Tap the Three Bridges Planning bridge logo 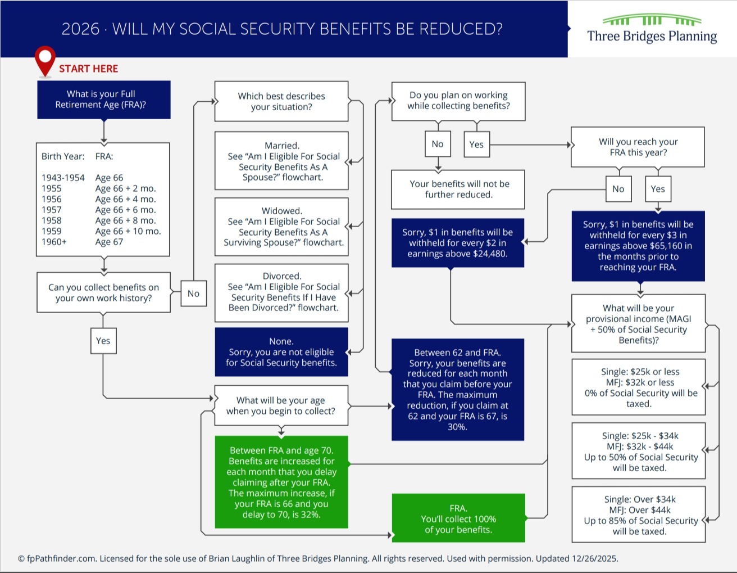tap(652, 21)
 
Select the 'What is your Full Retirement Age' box tap(103, 100)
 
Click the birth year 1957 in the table tap(52, 210)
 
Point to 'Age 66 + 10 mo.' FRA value tap(128, 231)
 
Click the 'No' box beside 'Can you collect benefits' tap(193, 294)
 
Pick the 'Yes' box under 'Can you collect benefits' tap(103, 341)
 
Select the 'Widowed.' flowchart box tap(281, 227)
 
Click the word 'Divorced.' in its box tap(282, 276)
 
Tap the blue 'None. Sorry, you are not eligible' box tap(281, 352)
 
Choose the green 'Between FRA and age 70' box tap(281, 482)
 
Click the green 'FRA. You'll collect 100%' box tap(458, 518)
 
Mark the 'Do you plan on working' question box tap(458, 101)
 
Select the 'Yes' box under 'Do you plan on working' tap(476, 145)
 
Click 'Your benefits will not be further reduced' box tap(458, 190)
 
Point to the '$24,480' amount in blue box tap(486, 254)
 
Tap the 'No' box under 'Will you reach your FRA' tap(618, 189)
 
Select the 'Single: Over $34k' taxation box tap(639, 515)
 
